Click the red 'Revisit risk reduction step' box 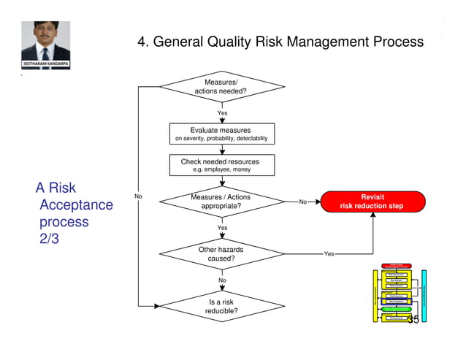click(x=373, y=202)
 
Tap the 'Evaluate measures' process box click(x=221, y=134)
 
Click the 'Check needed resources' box click(x=221, y=165)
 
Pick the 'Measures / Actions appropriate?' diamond click(x=221, y=202)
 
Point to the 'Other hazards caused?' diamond click(x=221, y=254)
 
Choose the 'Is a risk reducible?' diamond click(x=221, y=307)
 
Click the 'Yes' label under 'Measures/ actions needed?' click(x=222, y=113)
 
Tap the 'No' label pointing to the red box click(x=302, y=202)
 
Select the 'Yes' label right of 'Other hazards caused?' click(x=329, y=254)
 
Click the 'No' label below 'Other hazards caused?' click(x=222, y=280)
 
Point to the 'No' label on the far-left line click(x=138, y=196)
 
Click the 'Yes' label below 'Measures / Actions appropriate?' click(x=222, y=228)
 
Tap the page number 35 click(x=413, y=320)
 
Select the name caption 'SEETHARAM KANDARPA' click(x=45, y=64)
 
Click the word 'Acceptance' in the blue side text click(x=77, y=205)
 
